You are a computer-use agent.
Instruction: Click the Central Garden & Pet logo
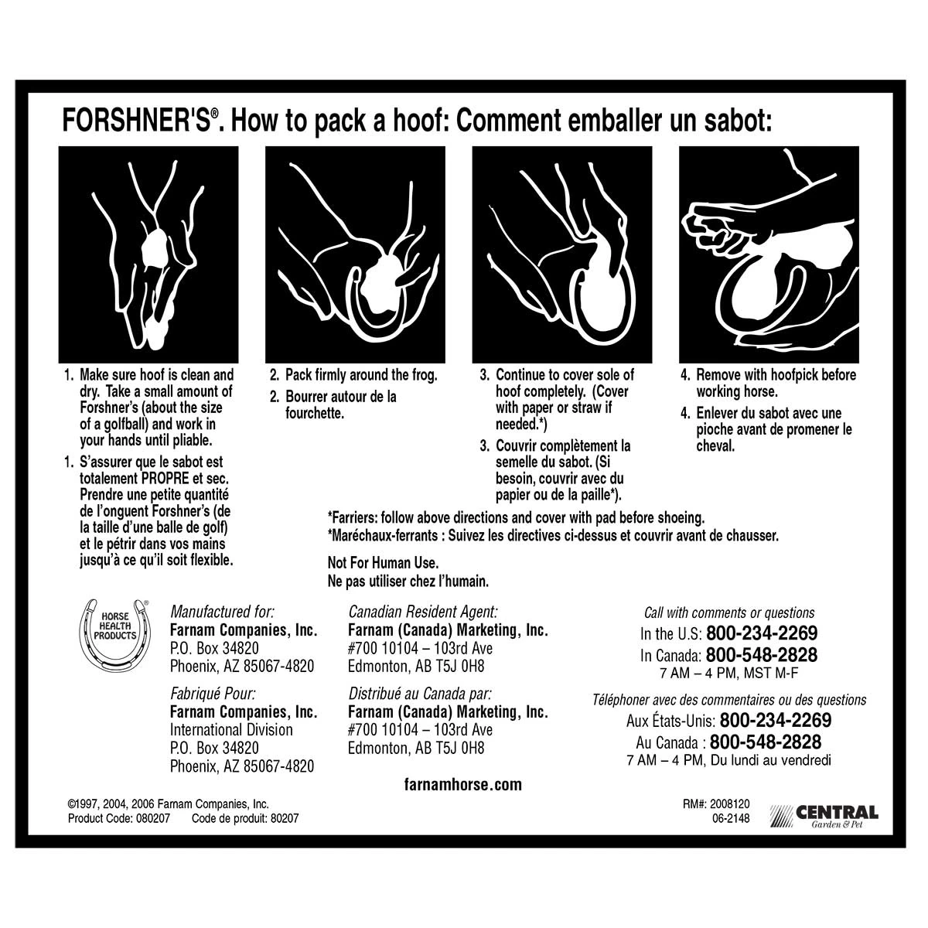click(825, 816)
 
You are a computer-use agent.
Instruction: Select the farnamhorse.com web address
click(463, 785)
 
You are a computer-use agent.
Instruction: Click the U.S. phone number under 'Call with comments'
click(761, 633)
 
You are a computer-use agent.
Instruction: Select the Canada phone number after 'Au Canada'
click(765, 742)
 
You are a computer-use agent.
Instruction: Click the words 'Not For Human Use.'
click(383, 563)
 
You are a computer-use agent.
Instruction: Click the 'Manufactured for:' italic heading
click(222, 612)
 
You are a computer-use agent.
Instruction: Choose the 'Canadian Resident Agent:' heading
click(422, 612)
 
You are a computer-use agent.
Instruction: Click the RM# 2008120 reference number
click(717, 804)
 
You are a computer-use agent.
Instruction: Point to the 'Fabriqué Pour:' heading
click(213, 694)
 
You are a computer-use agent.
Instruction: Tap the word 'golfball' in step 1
click(172, 425)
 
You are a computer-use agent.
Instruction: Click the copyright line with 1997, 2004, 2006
click(169, 804)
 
